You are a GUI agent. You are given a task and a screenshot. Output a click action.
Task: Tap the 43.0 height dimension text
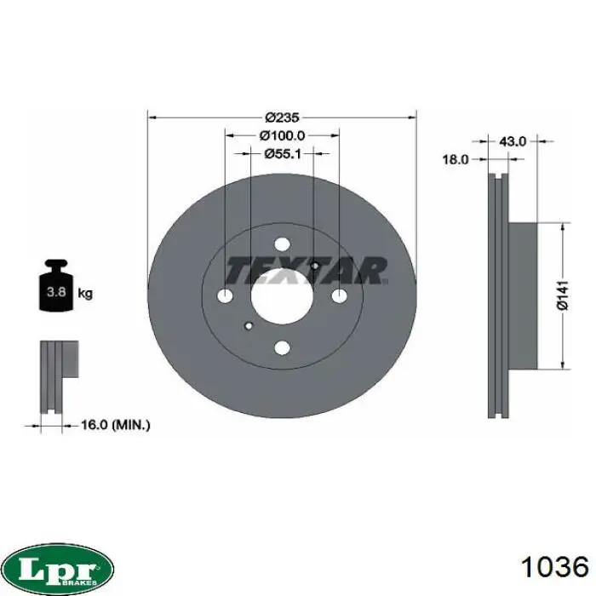[x=513, y=141]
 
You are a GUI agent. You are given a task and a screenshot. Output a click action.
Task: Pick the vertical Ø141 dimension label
[x=563, y=295]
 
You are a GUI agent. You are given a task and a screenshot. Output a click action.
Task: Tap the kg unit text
[x=85, y=293]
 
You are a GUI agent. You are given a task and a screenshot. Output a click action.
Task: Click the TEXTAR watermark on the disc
[x=307, y=271]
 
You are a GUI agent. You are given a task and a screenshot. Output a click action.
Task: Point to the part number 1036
[x=555, y=566]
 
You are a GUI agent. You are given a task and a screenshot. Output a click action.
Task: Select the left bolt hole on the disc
[x=225, y=296]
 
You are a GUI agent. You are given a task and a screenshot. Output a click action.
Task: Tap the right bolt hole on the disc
[x=339, y=296]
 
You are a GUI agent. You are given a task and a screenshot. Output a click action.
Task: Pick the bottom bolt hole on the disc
[x=282, y=347]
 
